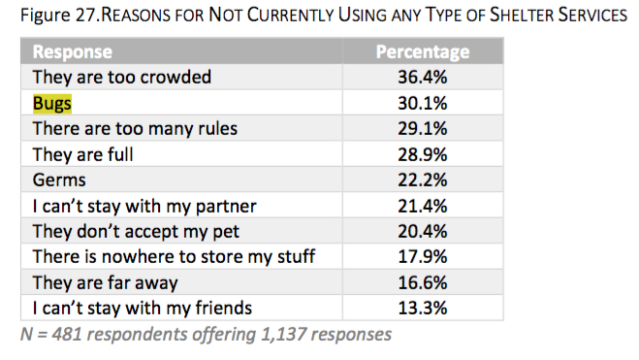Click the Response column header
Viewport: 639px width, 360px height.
(73, 52)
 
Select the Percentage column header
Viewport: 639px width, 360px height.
(422, 52)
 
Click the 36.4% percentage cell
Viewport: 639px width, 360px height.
(422, 78)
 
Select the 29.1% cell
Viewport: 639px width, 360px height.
(422, 129)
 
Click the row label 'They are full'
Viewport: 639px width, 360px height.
(83, 154)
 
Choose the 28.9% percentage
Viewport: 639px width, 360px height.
(422, 154)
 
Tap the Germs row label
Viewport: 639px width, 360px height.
(59, 180)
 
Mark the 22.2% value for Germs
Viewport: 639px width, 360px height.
(422, 180)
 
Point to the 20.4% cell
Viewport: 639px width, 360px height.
(422, 232)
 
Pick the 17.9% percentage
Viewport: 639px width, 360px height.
(422, 257)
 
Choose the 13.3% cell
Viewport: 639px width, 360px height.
(422, 309)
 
